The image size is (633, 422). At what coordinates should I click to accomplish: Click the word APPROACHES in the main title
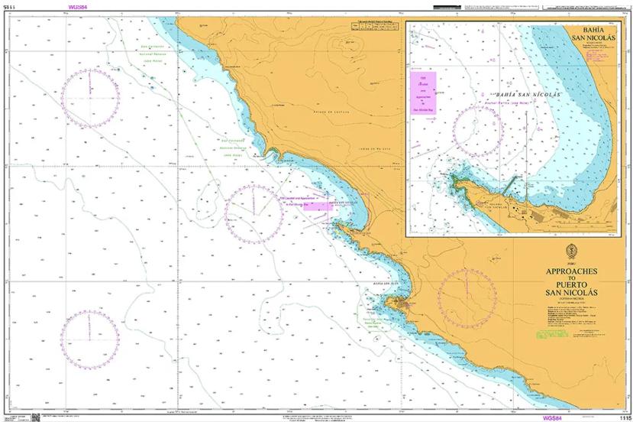[x=571, y=271]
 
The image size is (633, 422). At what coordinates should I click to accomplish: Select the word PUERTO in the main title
[x=570, y=284]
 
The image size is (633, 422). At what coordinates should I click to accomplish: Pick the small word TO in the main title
[x=571, y=278]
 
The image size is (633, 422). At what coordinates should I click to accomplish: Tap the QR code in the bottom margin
[x=35, y=417]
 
